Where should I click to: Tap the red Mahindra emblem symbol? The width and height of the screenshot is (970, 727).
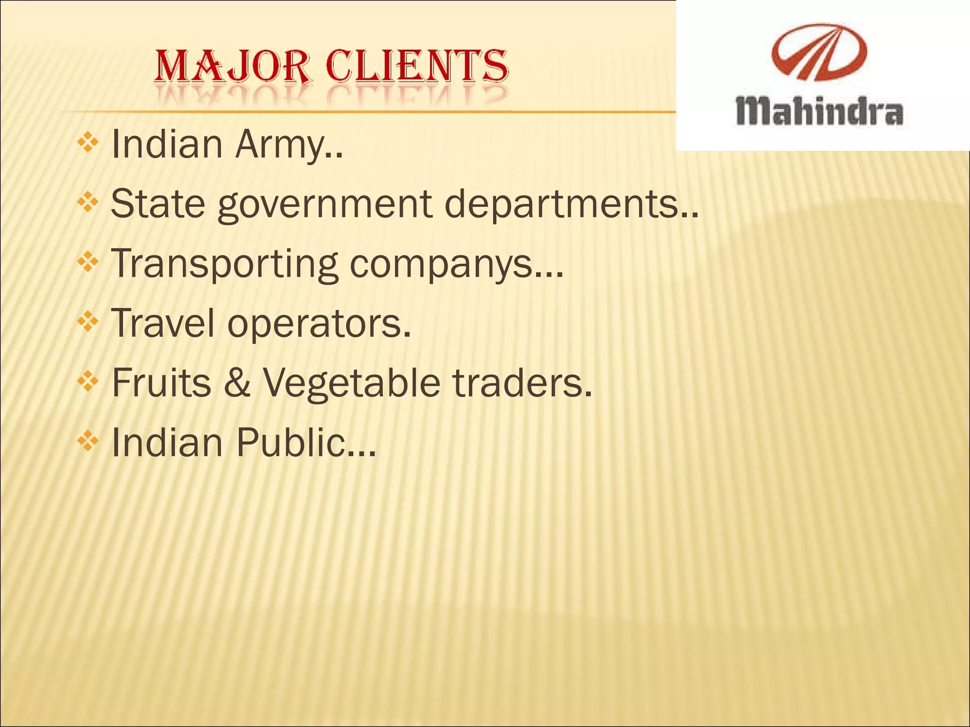[819, 52]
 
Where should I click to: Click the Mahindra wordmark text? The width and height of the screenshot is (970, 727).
[819, 112]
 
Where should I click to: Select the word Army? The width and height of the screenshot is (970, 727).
[288, 145]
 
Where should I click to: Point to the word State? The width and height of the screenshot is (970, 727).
[158, 204]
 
